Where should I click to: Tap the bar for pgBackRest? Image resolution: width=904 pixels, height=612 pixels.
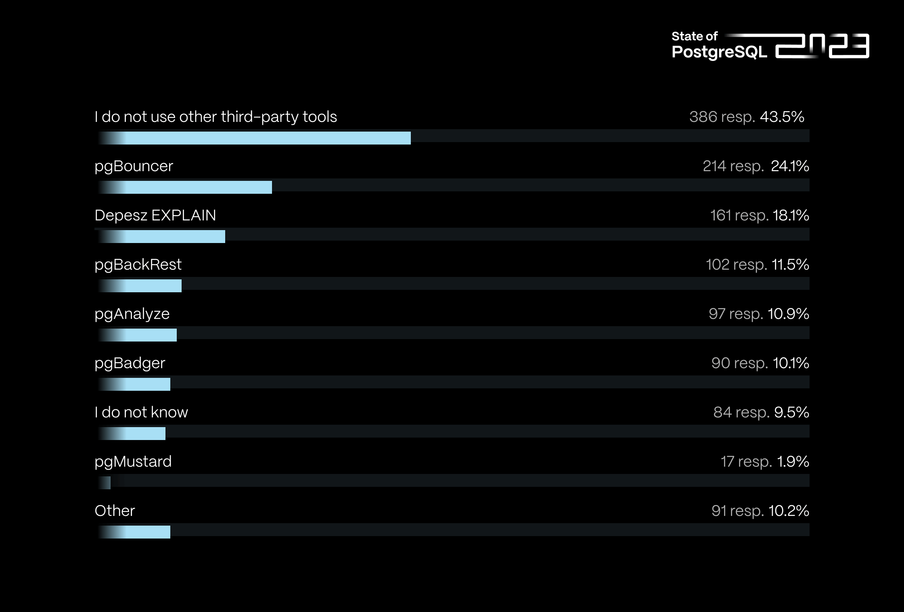click(145, 286)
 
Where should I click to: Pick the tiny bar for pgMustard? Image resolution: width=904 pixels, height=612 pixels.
click(106, 483)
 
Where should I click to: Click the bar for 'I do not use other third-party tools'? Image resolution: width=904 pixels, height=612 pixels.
click(258, 138)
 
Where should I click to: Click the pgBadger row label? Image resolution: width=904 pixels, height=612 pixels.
click(130, 363)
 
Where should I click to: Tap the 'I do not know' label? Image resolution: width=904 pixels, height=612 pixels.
click(141, 412)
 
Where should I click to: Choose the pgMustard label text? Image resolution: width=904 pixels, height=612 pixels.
click(133, 461)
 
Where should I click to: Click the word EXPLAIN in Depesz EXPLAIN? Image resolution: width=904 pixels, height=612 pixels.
click(184, 216)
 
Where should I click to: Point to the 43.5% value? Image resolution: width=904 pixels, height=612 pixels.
click(782, 117)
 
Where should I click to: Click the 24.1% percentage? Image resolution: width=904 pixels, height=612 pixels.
click(790, 166)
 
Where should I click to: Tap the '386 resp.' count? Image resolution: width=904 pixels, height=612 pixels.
click(722, 117)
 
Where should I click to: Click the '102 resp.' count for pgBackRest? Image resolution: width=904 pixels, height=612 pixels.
click(736, 265)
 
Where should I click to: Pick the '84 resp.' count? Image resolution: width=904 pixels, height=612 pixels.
click(742, 413)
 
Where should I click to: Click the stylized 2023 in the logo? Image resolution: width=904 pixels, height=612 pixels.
click(822, 46)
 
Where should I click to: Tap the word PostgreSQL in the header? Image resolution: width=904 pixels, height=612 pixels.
click(719, 52)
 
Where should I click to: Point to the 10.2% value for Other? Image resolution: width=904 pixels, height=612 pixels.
click(789, 511)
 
